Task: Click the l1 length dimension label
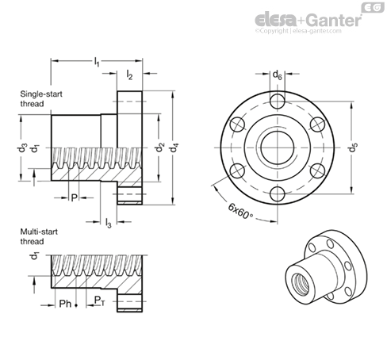tap(97, 62)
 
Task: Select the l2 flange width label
tap(129, 75)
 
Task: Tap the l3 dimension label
tap(109, 223)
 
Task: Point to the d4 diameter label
tap(174, 147)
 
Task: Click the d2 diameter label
tap(159, 147)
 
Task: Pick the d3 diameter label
tap(22, 147)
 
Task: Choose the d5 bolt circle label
tap(353, 147)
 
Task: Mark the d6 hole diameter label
tap(278, 75)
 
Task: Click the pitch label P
tap(75, 197)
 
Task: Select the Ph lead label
tap(65, 304)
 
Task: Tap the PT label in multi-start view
tap(100, 301)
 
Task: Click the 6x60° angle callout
tap(240, 212)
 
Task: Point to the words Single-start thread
tap(41, 99)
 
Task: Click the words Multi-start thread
tap(39, 236)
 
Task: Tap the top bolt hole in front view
tap(278, 101)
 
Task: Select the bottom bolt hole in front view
tap(278, 193)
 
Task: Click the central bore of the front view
tap(278, 147)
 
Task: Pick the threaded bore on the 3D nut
tap(301, 284)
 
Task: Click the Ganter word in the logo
tap(335, 20)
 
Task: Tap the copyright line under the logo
tap(298, 31)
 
